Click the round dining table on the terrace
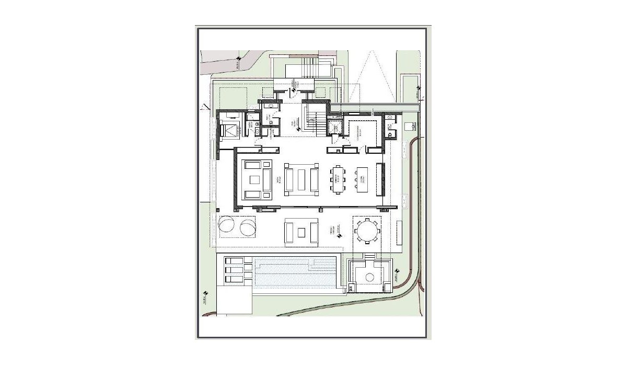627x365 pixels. pyautogui.click(x=367, y=230)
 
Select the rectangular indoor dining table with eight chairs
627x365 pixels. pyautogui.click(x=338, y=179)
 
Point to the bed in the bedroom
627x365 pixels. pyautogui.click(x=228, y=130)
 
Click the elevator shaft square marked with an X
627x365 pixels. pyautogui.click(x=334, y=127)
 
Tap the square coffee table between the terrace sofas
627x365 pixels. pyautogui.click(x=301, y=232)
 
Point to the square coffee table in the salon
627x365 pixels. pyautogui.click(x=254, y=179)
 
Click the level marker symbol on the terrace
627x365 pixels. pyautogui.click(x=340, y=235)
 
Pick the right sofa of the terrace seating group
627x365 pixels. pyautogui.click(x=314, y=232)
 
